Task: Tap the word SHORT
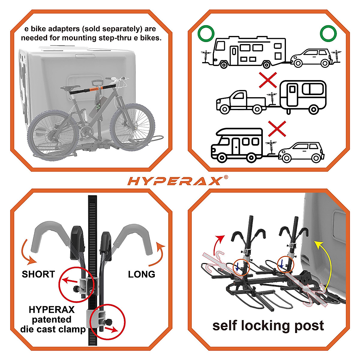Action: click(x=38, y=274)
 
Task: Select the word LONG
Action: click(x=141, y=274)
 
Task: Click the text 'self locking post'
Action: click(x=268, y=325)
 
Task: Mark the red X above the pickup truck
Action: click(x=268, y=79)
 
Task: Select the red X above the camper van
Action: click(x=277, y=129)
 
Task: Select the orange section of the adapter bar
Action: click(x=96, y=88)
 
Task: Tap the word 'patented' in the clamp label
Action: click(x=52, y=319)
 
